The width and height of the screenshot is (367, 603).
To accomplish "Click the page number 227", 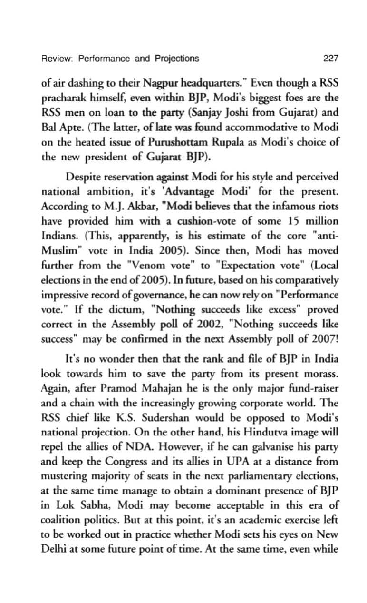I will click(x=330, y=59).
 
